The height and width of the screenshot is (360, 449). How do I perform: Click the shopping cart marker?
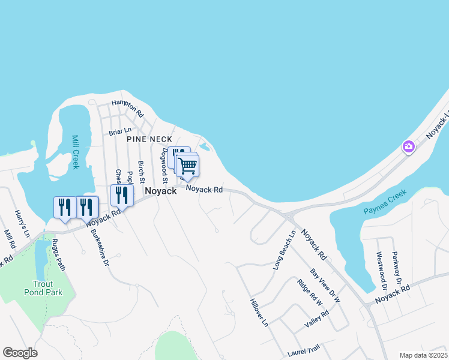(x=188, y=166)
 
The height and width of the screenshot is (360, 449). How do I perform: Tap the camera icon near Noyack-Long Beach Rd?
(x=409, y=146)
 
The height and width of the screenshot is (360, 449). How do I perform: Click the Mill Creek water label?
(x=75, y=152)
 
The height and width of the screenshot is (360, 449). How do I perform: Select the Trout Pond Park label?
(x=52, y=288)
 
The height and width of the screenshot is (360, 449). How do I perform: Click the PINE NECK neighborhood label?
(x=149, y=139)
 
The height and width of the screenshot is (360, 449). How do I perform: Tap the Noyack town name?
(x=160, y=190)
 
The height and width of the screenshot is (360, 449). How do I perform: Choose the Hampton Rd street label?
(x=128, y=108)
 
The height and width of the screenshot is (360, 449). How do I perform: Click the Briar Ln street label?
(x=120, y=131)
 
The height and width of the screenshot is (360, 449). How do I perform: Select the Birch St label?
(x=142, y=172)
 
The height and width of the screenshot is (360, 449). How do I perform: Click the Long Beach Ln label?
(x=284, y=250)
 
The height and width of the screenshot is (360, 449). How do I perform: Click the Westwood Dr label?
(x=381, y=268)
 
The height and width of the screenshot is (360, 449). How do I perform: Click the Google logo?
(x=20, y=353)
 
